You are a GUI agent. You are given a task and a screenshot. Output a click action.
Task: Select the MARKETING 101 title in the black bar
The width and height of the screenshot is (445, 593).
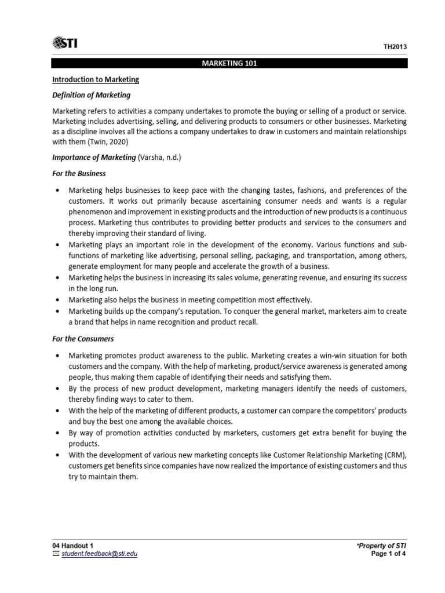point(229,64)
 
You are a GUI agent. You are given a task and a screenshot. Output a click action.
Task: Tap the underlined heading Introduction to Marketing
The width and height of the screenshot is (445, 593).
point(96,79)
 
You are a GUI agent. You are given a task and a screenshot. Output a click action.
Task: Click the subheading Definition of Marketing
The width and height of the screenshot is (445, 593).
point(92,95)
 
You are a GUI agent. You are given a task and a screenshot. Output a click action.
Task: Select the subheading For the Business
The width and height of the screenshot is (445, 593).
point(79,174)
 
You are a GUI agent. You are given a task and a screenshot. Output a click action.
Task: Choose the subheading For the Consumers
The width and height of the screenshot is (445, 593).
point(83,339)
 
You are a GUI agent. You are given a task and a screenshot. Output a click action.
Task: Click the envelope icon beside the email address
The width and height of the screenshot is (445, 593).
point(56,554)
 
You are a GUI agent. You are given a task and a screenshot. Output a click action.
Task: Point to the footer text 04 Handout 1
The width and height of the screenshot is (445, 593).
point(72,546)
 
